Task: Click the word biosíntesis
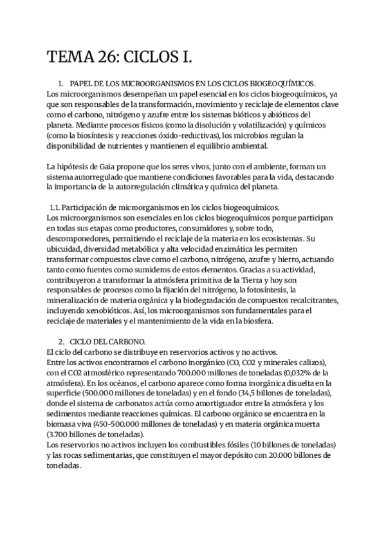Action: pos(104,136)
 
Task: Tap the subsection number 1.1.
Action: pos(55,207)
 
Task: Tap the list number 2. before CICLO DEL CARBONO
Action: pos(60,341)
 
